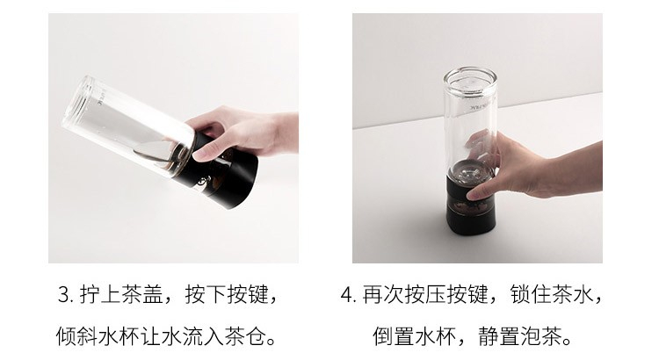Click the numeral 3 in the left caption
click(64, 294)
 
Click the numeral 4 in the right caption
click(347, 294)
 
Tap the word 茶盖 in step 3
click(142, 294)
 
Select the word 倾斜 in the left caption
click(77, 336)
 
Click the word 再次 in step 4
click(383, 294)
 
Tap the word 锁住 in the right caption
click(531, 294)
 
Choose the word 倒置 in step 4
click(394, 336)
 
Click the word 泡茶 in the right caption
click(541, 336)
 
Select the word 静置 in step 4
click(499, 336)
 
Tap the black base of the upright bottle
click(470, 205)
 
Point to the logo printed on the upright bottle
click(474, 106)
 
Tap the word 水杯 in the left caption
click(119, 336)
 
